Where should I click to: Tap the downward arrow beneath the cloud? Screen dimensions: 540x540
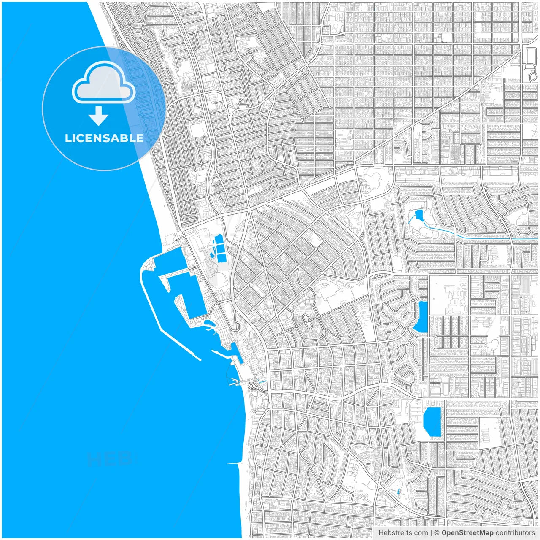[x=99, y=116]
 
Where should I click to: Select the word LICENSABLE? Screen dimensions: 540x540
[x=104, y=138]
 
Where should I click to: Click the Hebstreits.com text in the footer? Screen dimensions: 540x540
[x=403, y=533]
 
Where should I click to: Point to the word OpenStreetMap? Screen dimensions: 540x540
[x=467, y=533]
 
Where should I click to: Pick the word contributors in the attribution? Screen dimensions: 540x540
[x=515, y=533]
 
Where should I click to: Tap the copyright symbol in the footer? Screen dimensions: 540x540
[x=437, y=533]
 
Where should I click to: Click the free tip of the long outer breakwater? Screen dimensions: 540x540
[x=199, y=359]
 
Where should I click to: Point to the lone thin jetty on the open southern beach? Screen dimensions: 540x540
[x=233, y=464]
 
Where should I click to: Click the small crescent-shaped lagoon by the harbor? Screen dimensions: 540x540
[x=209, y=324]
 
